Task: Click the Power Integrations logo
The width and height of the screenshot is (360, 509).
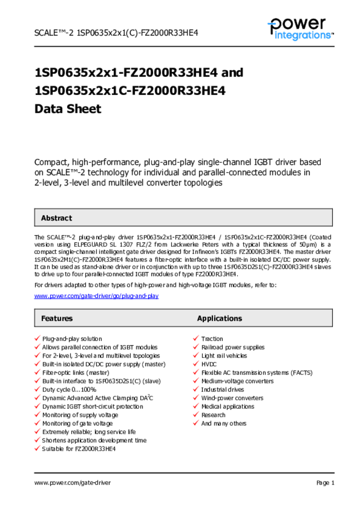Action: point(300,29)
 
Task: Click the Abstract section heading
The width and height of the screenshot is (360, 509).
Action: point(56,218)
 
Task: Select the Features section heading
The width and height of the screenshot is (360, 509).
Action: point(57,318)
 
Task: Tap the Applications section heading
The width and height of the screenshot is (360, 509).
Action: point(219,318)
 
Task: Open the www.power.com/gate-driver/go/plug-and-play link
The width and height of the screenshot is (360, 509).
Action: point(96,296)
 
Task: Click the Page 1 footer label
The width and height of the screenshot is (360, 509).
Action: point(325,483)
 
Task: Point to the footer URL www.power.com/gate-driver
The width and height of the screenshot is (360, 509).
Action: point(73,483)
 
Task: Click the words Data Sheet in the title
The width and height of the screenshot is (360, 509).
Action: point(68,109)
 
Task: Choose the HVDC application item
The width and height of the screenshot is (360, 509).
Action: point(209,364)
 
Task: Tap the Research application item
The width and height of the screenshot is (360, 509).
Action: point(213,415)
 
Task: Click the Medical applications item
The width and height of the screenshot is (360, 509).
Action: point(227,406)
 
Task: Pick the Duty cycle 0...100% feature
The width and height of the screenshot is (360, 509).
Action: point(69,389)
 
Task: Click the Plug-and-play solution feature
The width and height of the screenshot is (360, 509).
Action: point(72,339)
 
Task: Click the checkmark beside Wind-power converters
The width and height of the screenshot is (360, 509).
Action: point(196,398)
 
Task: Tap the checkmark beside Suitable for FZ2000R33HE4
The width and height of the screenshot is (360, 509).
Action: point(37,448)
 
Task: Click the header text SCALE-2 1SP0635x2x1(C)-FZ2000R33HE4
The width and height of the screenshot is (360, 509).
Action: point(116,33)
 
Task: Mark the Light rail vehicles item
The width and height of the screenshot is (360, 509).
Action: point(224,355)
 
